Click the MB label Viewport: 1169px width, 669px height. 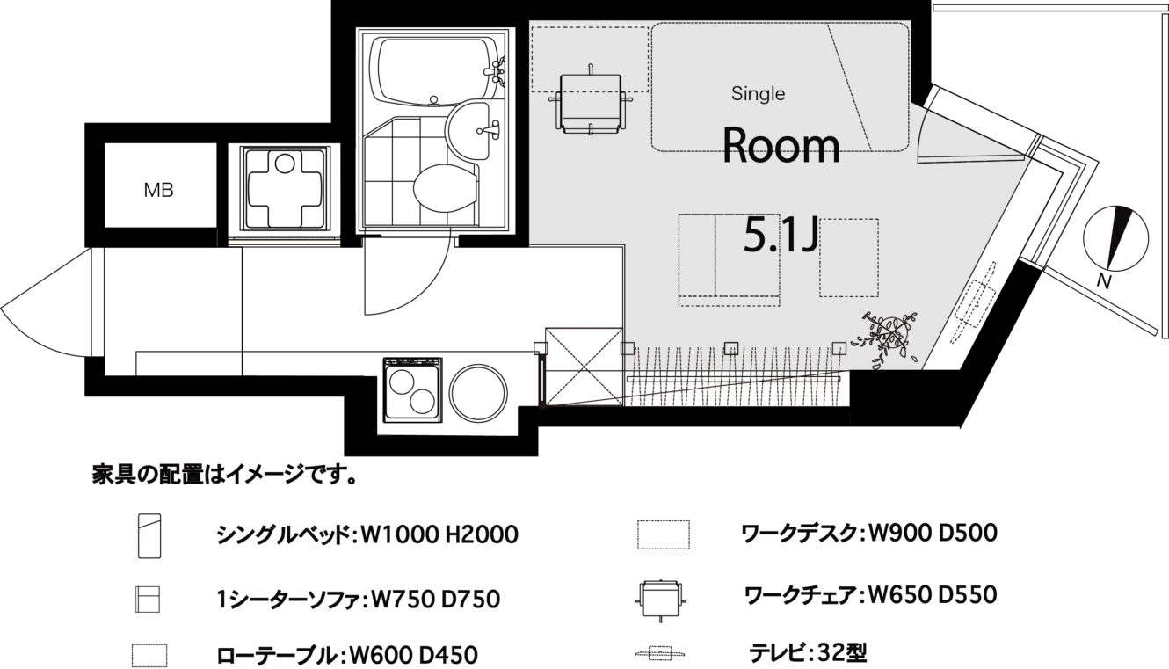point(158,191)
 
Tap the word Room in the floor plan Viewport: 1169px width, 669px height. point(781,146)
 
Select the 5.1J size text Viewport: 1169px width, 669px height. point(781,235)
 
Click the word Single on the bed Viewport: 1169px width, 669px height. point(758,93)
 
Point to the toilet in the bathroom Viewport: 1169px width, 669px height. point(445,188)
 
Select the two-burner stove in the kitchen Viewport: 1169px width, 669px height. point(413,389)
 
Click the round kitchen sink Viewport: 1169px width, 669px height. point(478,393)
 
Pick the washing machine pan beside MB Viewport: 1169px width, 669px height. point(285,188)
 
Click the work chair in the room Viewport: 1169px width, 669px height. point(591,100)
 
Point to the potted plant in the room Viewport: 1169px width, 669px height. point(886,337)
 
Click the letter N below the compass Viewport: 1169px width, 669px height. point(1103,282)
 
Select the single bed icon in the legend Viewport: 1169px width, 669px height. point(149,536)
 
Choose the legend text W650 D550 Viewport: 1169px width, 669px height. point(932,595)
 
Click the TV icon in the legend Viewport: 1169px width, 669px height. point(661,653)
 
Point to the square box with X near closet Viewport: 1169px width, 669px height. point(584,367)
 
